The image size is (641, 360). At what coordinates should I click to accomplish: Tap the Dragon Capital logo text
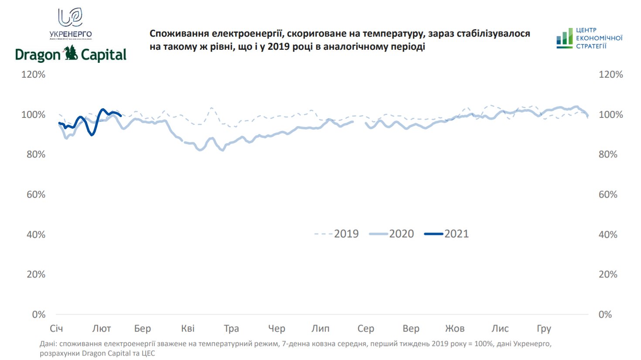pos(71,55)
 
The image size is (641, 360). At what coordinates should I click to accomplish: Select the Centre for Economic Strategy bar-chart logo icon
pos(564,38)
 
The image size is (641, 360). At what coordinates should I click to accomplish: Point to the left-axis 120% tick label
pos(33,75)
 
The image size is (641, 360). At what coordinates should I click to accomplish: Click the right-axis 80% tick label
pos(608,154)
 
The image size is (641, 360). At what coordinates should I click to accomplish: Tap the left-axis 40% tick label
pos(36,235)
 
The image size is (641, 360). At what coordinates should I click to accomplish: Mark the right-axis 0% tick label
pos(605,315)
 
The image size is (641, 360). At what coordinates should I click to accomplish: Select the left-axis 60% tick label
pos(36,195)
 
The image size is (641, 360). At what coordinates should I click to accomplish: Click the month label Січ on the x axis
pos(56,329)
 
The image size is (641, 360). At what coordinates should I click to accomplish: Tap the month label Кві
pos(188,329)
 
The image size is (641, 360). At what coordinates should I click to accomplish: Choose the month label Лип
pos(320,329)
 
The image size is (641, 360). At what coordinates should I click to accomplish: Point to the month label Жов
pos(455,329)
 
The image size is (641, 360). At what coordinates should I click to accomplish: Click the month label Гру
pos(544,329)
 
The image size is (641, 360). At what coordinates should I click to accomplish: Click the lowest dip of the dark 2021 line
pos(92,135)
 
